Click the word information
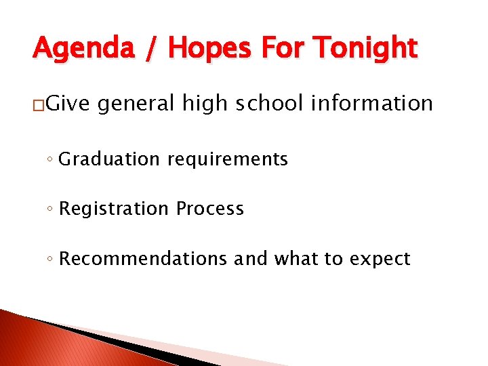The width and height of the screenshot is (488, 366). pos(372,103)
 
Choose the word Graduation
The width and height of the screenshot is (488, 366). pos(108,159)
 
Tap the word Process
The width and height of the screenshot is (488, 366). pos(209,209)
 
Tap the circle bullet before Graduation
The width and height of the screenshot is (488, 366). pos(51,160)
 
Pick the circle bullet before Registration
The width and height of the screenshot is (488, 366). pos(51,209)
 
